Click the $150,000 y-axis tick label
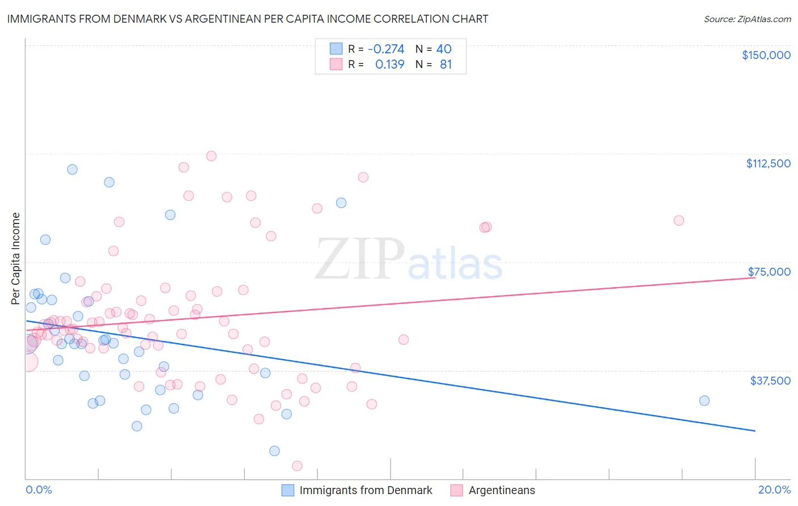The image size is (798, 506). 766,55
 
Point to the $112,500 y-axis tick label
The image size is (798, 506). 768,163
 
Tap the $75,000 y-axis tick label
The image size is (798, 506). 769,272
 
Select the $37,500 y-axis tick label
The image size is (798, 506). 770,381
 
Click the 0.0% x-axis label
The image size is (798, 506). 39,490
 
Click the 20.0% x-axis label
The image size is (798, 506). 774,490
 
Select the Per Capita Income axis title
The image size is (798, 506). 16,258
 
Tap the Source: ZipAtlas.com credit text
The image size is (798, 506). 747,19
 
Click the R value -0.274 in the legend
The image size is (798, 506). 386,49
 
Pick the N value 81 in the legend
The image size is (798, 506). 446,65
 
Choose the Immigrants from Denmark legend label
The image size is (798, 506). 366,490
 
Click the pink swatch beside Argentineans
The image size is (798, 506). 456,490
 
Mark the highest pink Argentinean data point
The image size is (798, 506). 211,156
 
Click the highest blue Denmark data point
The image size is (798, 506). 72,169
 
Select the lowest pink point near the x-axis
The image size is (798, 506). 297,466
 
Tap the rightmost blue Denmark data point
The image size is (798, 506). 704,400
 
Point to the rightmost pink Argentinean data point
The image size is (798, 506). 679,221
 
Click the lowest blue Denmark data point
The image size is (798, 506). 275,451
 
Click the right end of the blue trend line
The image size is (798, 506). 755,431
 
